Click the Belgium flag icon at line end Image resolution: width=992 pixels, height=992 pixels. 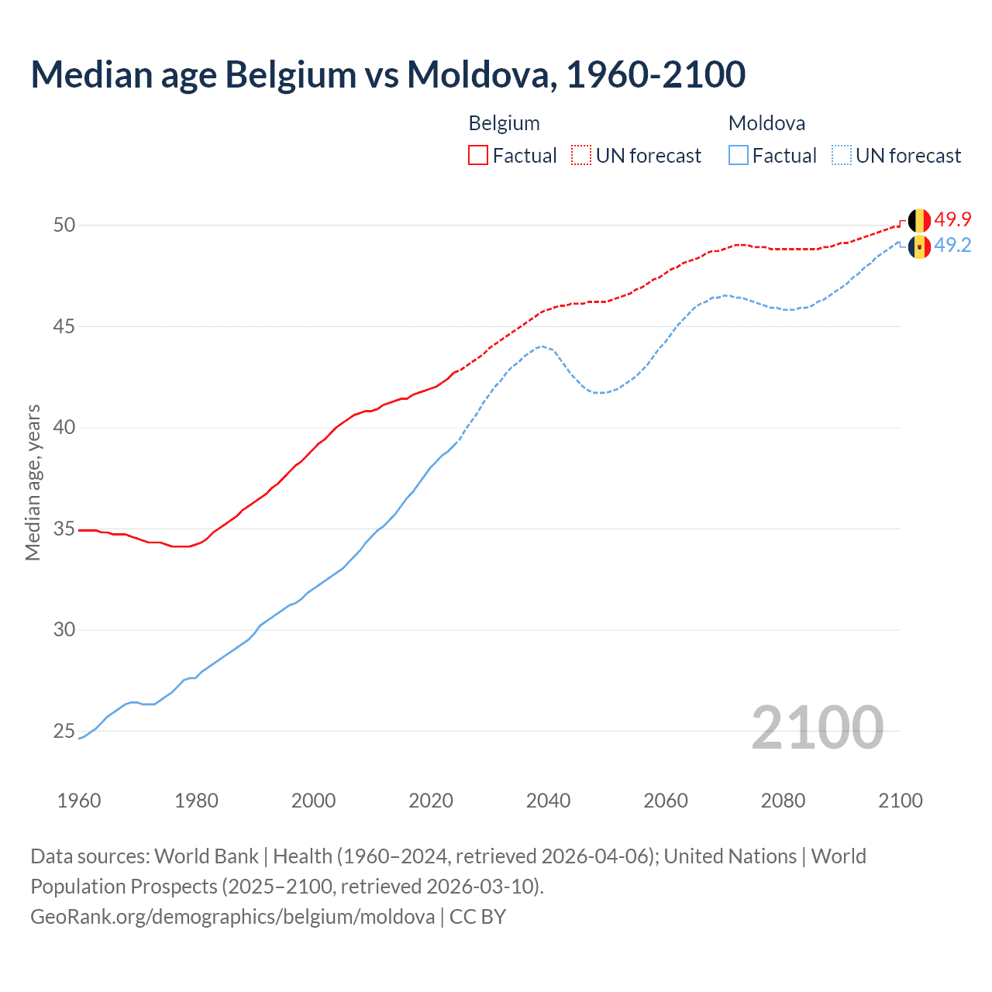[919, 220]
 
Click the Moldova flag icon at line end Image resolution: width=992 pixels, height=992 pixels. [919, 246]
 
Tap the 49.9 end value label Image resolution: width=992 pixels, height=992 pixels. [952, 220]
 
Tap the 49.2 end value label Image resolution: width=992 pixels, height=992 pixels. [952, 246]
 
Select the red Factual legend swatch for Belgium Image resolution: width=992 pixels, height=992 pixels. [478, 156]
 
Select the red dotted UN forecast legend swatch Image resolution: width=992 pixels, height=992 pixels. [581, 156]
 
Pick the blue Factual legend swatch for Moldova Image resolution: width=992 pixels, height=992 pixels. [739, 156]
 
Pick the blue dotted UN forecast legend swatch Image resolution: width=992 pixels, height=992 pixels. [842, 156]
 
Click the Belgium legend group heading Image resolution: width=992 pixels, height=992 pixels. [504, 123]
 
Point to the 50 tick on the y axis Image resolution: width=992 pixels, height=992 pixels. [64, 226]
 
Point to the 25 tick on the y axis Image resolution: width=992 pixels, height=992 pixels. [64, 732]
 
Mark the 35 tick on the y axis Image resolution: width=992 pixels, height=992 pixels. [64, 529]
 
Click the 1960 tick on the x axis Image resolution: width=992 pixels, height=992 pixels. [79, 801]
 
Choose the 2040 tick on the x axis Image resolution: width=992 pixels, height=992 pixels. [548, 801]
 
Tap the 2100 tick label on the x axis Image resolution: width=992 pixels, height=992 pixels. [900, 801]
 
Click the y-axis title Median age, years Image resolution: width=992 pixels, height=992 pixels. [33, 482]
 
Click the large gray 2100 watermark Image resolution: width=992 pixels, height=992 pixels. [817, 727]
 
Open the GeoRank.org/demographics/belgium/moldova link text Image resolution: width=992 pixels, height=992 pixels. [232, 917]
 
